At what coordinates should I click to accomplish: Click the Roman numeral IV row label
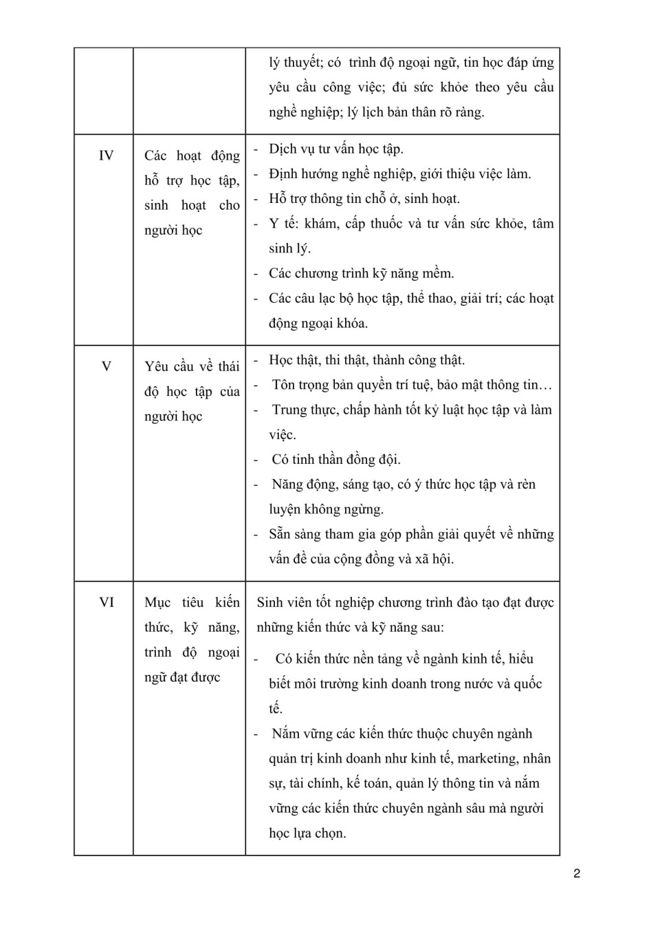pos(106,156)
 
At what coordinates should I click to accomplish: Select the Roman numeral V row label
pos(106,366)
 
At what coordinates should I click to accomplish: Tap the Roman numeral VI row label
pos(106,602)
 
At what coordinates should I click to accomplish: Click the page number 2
pos(577,873)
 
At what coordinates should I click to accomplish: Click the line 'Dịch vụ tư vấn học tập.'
pos(335,149)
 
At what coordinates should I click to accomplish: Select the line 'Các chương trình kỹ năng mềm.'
pos(361,273)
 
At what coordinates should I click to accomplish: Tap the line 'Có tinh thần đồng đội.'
pos(335,459)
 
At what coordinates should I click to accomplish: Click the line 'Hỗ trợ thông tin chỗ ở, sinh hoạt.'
pos(364,199)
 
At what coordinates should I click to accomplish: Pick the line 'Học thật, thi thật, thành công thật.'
pos(366,360)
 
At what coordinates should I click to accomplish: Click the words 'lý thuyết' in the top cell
pos(294,63)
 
